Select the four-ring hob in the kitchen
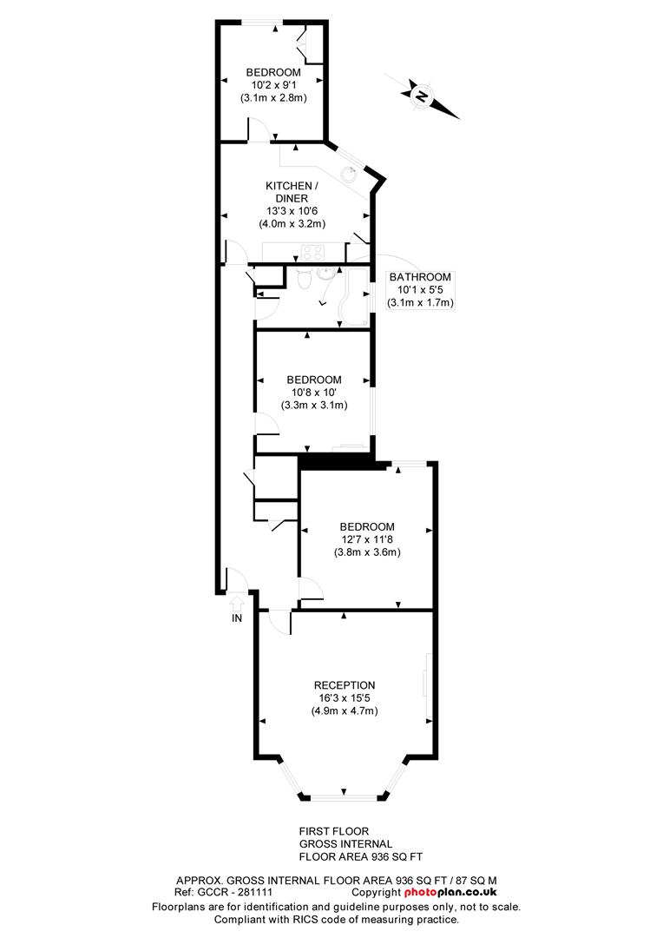[x=312, y=253]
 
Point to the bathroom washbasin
[x=327, y=275]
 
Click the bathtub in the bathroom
[x=355, y=295]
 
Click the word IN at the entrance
[x=236, y=618]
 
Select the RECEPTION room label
[x=345, y=685]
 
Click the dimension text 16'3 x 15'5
[x=345, y=697]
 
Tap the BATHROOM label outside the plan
[x=420, y=277]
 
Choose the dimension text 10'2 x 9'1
[x=273, y=85]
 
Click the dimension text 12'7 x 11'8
[x=367, y=539]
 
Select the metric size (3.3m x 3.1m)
[x=314, y=405]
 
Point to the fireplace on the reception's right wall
[x=426, y=685]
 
